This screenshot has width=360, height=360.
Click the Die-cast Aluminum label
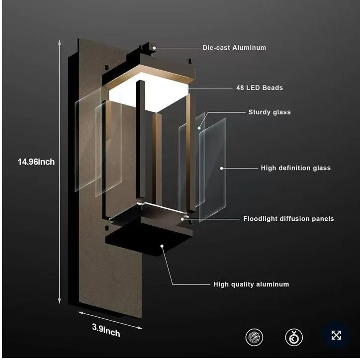(234, 48)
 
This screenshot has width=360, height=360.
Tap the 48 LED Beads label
(260, 88)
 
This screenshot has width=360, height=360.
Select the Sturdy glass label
(270, 112)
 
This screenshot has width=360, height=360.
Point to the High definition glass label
(296, 168)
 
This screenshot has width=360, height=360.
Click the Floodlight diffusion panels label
(288, 219)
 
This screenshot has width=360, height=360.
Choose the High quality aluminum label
(251, 284)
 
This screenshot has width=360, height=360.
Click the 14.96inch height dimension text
(36, 162)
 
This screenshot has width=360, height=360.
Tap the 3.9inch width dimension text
(106, 330)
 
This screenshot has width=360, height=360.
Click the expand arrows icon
(336, 335)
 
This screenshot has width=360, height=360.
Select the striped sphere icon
(254, 337)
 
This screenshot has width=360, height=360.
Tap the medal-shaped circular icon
(294, 337)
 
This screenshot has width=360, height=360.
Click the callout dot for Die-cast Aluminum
(154, 48)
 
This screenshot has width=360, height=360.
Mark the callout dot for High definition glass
(222, 168)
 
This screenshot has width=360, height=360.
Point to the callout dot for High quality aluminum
(162, 246)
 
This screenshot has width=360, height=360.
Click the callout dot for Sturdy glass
(199, 128)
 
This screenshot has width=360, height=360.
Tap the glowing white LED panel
(149, 92)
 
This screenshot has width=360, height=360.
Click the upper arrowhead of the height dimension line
(60, 42)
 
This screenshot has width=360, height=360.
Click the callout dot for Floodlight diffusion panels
(182, 219)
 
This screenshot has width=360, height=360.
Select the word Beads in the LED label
(272, 88)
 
